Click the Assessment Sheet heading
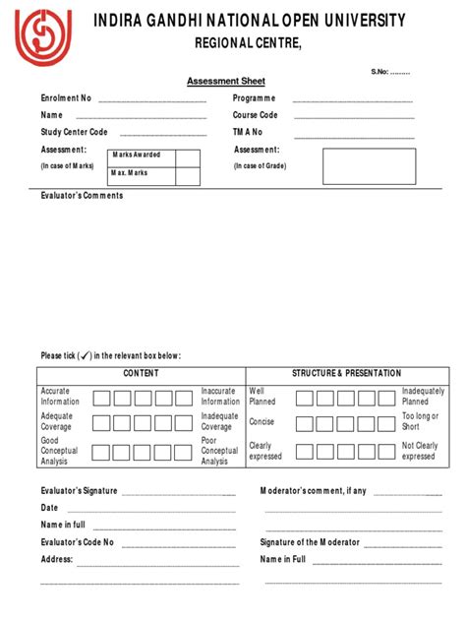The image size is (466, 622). click(226, 82)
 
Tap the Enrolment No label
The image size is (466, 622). click(66, 98)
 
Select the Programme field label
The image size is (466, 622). click(254, 98)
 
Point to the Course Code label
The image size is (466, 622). click(256, 115)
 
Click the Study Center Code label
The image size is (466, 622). click(74, 132)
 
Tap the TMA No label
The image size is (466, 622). click(248, 132)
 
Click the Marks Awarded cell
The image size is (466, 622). click(136, 155)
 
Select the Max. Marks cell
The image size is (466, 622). click(131, 173)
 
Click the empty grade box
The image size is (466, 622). click(362, 167)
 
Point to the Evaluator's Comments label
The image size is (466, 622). click(82, 196)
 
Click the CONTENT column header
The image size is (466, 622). click(141, 374)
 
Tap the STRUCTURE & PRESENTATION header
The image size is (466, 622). click(347, 374)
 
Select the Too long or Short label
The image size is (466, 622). click(420, 421)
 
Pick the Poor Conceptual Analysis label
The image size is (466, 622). click(220, 452)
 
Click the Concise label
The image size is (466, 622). click(262, 421)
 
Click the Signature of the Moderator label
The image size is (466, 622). click(310, 542)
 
